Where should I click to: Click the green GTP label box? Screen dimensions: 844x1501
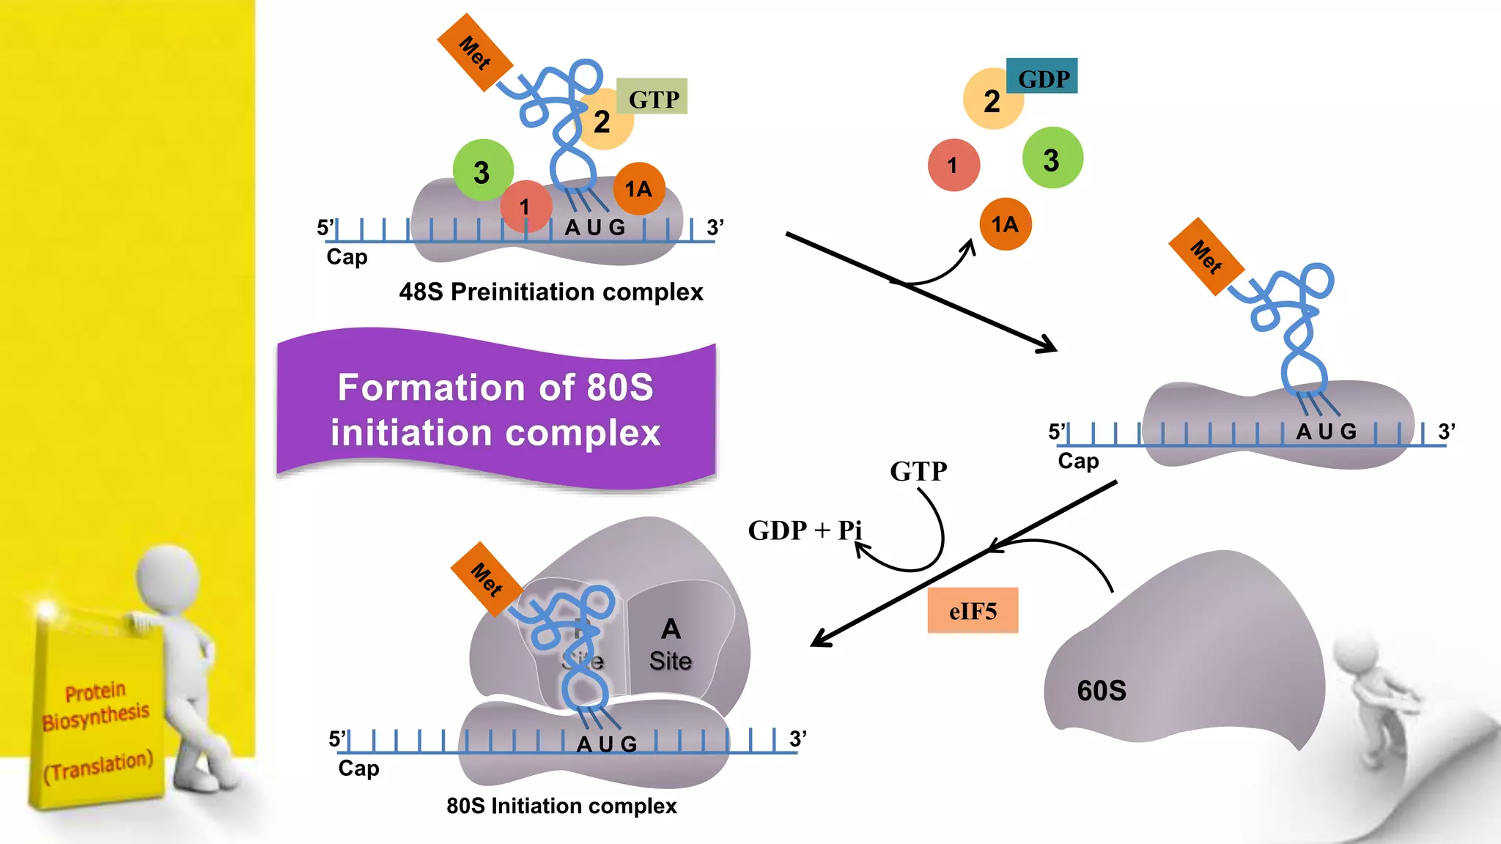click(x=652, y=97)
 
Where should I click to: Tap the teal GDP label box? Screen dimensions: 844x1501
click(x=1042, y=76)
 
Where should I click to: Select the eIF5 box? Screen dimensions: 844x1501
click(x=973, y=610)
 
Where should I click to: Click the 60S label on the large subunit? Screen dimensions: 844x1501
click(x=1101, y=690)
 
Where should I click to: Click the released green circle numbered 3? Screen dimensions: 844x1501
click(x=1052, y=159)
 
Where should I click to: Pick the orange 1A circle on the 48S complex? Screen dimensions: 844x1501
click(x=639, y=189)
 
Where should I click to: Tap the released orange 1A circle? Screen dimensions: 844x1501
click(x=1005, y=224)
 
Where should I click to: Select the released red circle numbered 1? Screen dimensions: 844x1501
click(x=953, y=166)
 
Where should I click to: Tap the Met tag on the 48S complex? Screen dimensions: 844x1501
click(x=474, y=53)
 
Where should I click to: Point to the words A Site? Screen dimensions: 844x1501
click(x=671, y=645)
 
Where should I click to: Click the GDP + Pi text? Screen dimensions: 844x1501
click(x=804, y=530)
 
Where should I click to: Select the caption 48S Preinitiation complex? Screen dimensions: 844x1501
click(x=550, y=292)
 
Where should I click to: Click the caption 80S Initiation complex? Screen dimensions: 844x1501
click(x=561, y=806)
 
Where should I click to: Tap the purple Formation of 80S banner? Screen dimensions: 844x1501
click(x=495, y=409)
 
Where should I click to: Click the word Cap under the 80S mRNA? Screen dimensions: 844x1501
click(x=358, y=768)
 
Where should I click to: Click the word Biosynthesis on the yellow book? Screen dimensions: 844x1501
click(x=95, y=717)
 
